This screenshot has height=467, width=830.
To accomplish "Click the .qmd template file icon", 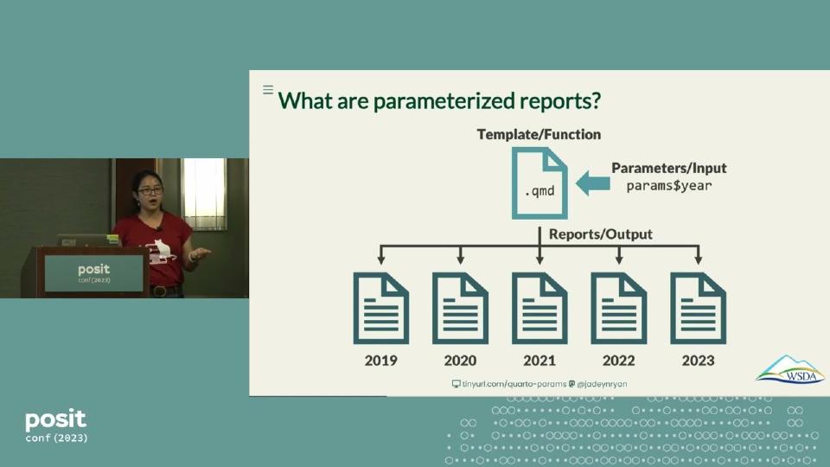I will coord(539,182).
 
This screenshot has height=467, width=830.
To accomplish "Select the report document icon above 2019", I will coord(380,308).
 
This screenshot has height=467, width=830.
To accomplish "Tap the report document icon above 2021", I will coord(539,308).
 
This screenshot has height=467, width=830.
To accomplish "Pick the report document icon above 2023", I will coord(698,308).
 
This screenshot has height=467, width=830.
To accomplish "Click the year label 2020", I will coord(460,361).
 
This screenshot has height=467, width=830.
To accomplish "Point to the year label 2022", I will coord(618,361).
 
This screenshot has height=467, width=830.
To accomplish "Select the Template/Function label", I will coord(539,134).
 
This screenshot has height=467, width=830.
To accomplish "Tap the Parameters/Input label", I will coord(668,168).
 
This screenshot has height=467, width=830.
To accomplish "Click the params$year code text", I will coord(668,185).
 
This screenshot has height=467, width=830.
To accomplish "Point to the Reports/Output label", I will coord(600,233).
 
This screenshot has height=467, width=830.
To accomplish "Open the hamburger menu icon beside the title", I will coord(268,90).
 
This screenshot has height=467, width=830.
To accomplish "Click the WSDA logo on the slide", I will coord(789,369).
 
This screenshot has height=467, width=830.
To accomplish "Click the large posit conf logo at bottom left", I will coord(56,425).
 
